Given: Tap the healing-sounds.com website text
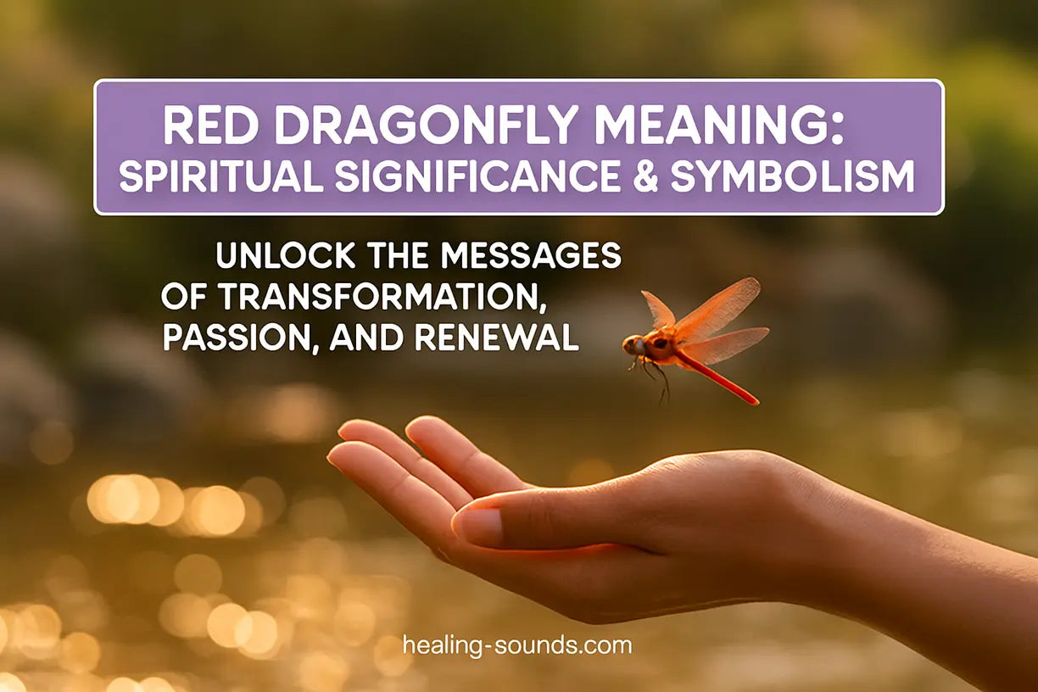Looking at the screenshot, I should coord(517,645).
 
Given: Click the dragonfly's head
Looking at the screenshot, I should coord(633,344).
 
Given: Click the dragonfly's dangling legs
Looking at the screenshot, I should coord(656,377).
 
